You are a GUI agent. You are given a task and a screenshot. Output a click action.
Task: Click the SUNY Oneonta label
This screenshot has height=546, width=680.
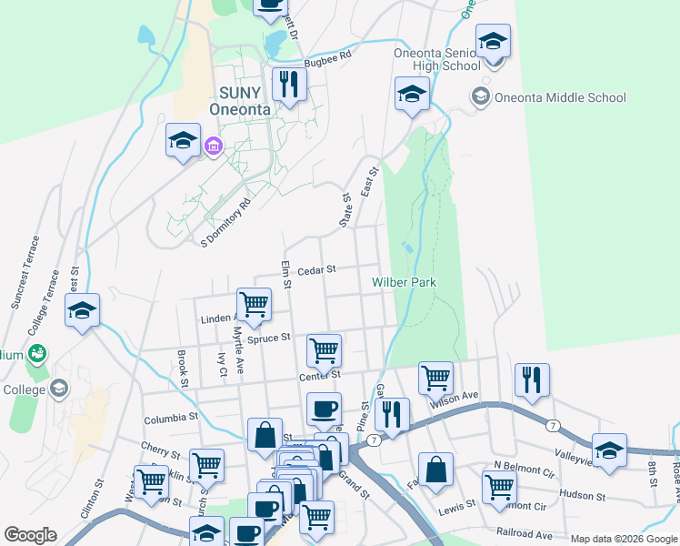240,101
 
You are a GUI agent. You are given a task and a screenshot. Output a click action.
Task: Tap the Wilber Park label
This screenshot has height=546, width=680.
404,282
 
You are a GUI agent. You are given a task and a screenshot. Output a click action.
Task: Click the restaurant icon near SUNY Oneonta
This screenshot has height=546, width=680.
289,86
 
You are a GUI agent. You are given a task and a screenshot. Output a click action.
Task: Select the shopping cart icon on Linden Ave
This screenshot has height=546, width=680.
254,304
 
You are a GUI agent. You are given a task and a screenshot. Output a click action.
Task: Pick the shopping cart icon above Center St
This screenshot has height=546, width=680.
324,349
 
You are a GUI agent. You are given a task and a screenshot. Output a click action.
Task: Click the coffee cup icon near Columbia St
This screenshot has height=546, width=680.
324,409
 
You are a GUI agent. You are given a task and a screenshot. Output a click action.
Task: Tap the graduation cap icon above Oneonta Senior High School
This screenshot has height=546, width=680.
493,41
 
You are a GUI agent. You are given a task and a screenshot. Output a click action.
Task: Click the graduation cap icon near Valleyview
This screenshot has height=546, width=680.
609,450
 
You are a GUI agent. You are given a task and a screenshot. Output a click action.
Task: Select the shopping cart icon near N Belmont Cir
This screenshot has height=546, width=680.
499,487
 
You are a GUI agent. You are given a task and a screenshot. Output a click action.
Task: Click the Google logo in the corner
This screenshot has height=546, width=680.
30,535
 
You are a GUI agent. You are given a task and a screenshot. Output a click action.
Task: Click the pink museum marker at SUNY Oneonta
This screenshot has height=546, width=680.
214,146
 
